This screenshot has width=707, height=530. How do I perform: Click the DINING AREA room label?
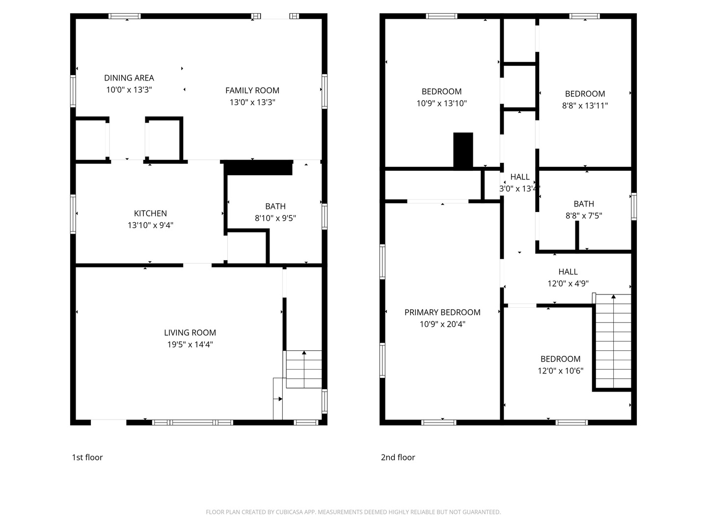pyautogui.click(x=129, y=78)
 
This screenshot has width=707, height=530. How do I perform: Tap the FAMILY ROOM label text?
pyautogui.click(x=252, y=90)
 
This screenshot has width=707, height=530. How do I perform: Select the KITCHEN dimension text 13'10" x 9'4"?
pyautogui.click(x=150, y=225)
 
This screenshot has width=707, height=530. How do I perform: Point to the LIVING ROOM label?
pyautogui.click(x=190, y=332)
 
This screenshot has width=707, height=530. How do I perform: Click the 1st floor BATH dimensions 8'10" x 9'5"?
pyautogui.click(x=275, y=218)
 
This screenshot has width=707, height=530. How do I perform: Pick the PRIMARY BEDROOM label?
pyautogui.click(x=442, y=312)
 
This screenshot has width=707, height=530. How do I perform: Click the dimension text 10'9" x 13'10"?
pyautogui.click(x=441, y=103)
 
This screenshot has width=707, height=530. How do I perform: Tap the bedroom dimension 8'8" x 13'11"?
pyautogui.click(x=585, y=105)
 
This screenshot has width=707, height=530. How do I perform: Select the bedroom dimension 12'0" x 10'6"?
pyautogui.click(x=561, y=371)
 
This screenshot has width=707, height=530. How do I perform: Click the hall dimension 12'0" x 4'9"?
pyautogui.click(x=568, y=283)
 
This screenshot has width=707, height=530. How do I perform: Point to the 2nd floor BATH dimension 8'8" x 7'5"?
pyautogui.click(x=584, y=215)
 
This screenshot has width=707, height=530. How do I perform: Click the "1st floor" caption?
pyautogui.click(x=87, y=457)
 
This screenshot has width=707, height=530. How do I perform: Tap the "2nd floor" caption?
pyautogui.click(x=398, y=457)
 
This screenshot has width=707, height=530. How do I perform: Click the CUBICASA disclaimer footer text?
pyautogui.click(x=353, y=512)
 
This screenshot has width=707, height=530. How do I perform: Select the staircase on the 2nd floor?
pyautogui.click(x=613, y=341)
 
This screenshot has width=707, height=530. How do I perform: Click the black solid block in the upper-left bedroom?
pyautogui.click(x=463, y=150)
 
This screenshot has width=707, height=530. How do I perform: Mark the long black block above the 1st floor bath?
pyautogui.click(x=258, y=168)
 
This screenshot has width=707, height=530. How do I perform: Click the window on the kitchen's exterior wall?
pyautogui.click(x=73, y=214)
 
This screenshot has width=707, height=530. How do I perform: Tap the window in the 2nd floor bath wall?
pyautogui.click(x=634, y=207)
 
